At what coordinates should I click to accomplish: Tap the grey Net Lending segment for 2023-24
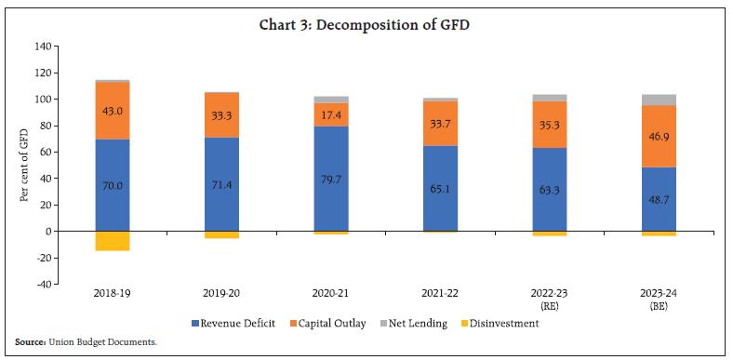tap(659, 100)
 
